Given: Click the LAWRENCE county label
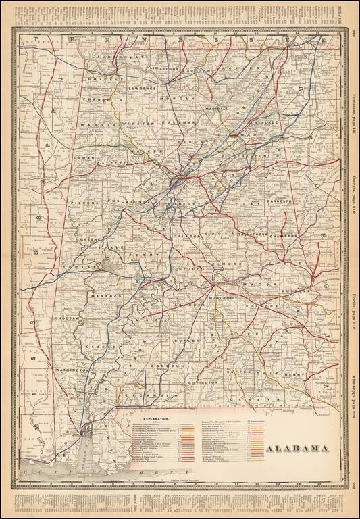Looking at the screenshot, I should coord(143,88).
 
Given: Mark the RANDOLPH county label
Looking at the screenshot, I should coord(278,201).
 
